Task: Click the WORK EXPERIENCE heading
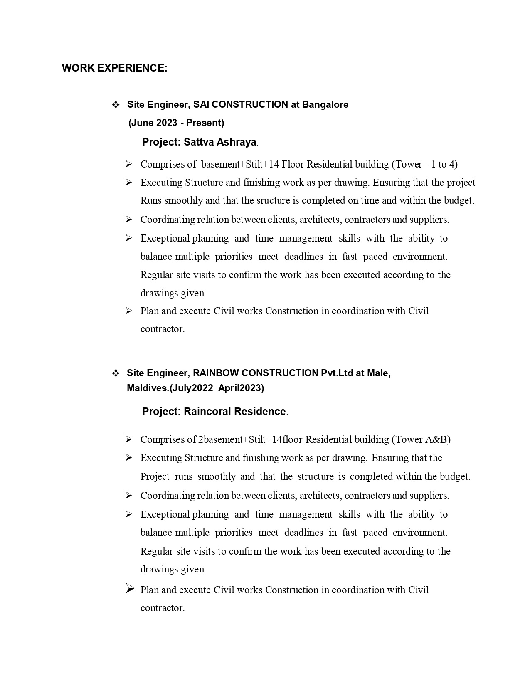coord(114,68)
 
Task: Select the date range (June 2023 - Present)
coord(176,123)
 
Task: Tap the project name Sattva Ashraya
coord(220,142)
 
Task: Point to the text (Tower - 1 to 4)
coord(424,164)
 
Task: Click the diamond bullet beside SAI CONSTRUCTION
coord(116,104)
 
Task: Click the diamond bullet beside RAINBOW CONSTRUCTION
coord(116,373)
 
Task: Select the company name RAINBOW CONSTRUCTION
coord(256,373)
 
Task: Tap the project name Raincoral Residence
coord(234,412)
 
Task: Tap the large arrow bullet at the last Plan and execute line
coord(130,588)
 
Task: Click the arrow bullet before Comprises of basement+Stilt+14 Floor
coord(129,164)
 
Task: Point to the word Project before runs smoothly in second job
coord(155,476)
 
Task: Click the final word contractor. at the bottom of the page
coord(163,608)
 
